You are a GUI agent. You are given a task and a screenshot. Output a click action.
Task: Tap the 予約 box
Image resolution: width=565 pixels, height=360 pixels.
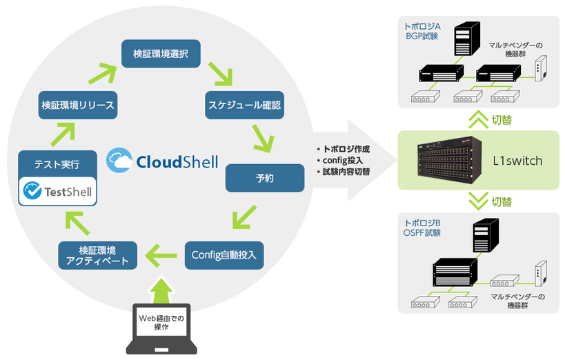pyautogui.click(x=265, y=178)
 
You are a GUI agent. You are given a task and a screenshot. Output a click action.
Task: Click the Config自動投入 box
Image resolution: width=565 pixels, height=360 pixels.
pyautogui.click(x=224, y=254)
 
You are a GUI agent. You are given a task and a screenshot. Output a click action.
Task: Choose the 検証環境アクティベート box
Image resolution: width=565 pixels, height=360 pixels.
pyautogui.click(x=98, y=254)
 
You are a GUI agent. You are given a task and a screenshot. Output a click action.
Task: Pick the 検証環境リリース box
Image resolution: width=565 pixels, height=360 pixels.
pyautogui.click(x=78, y=106)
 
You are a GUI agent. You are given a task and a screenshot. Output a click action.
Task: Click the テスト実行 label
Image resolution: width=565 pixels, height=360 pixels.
pyautogui.click(x=57, y=165)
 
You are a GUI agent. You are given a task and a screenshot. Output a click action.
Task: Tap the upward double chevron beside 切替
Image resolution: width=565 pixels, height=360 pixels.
pyautogui.click(x=477, y=119)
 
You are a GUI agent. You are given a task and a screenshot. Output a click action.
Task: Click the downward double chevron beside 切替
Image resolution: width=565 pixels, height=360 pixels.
pyautogui.click(x=477, y=201)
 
